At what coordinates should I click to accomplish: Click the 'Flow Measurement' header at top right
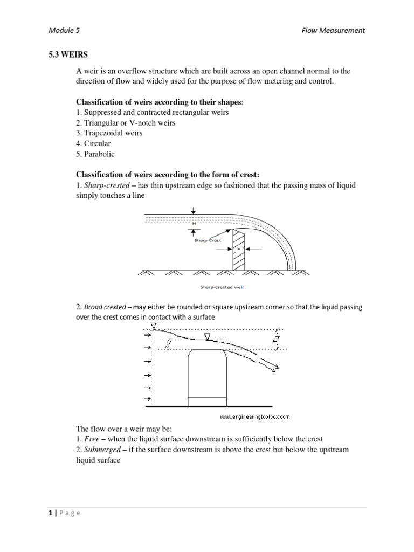point(333,30)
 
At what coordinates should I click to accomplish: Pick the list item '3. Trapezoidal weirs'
point(109,133)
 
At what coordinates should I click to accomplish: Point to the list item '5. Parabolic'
point(95,154)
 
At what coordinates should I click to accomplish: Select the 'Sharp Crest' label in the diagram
point(208,241)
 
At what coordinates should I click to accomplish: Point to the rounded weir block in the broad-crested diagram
point(207,377)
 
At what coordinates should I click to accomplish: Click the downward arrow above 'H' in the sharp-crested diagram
point(194,211)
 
